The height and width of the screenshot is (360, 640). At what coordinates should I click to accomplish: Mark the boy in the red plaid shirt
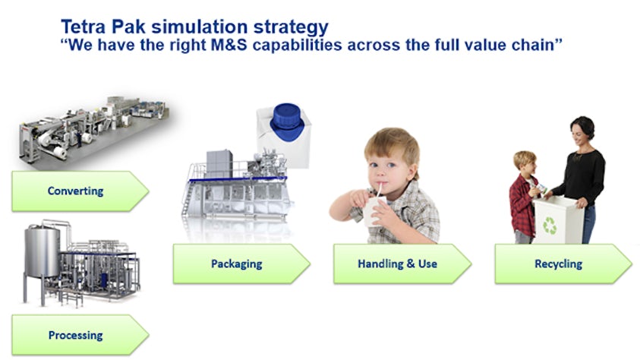point(523,198)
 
